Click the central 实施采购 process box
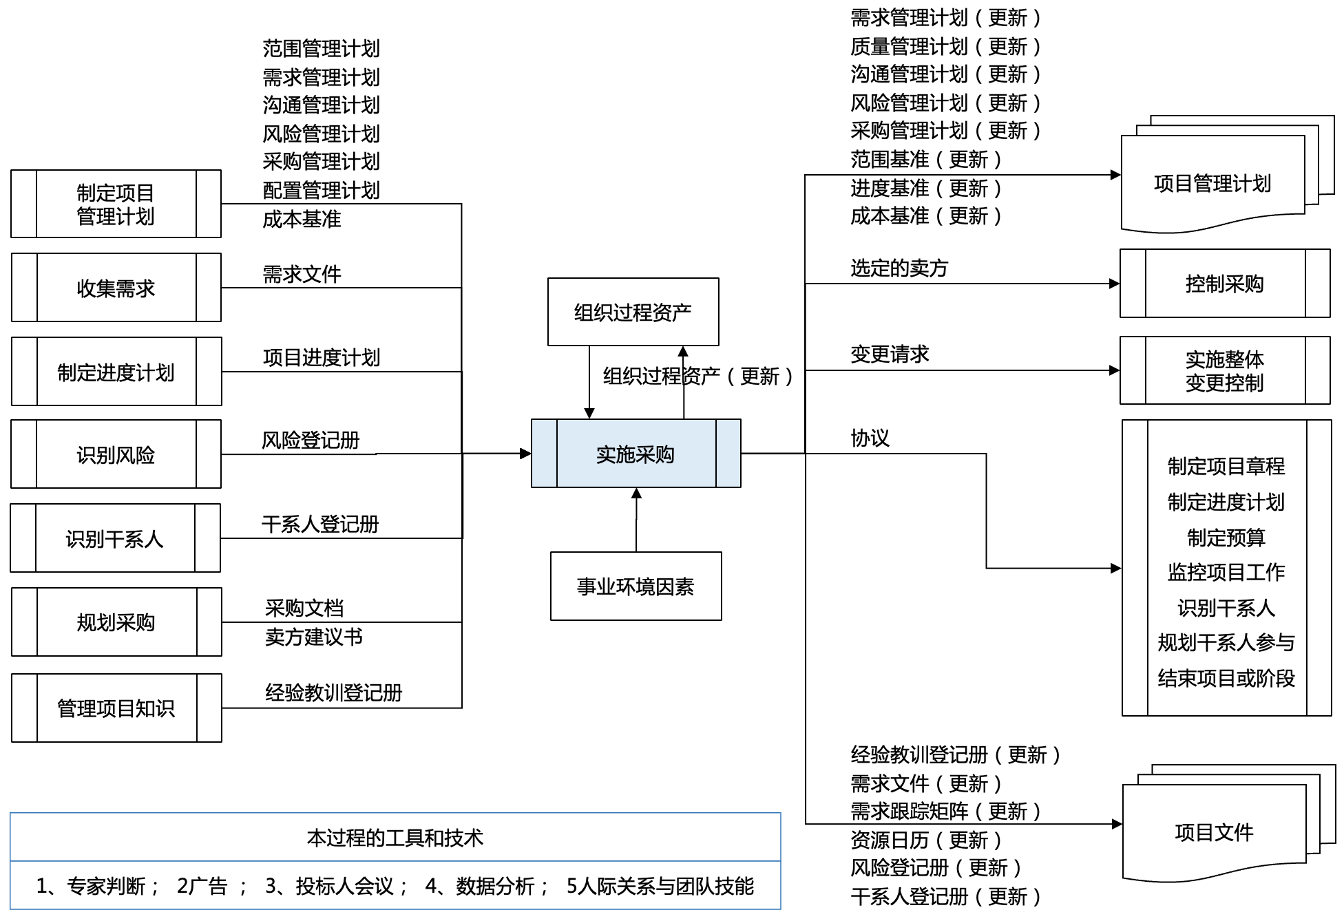click(636, 454)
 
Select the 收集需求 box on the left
click(116, 288)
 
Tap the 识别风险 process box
click(116, 454)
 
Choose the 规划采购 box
click(116, 622)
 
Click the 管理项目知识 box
click(116, 708)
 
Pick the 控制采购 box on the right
click(1224, 284)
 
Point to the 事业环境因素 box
click(636, 586)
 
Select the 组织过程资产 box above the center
click(633, 312)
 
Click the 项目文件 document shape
click(1213, 833)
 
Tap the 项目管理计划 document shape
click(1212, 184)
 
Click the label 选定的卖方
click(899, 268)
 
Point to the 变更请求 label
click(890, 354)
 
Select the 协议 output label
click(870, 438)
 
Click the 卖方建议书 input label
click(313, 637)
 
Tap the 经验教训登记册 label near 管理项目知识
click(333, 692)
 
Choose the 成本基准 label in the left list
click(302, 219)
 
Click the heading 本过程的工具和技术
click(395, 838)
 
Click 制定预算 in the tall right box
click(1226, 537)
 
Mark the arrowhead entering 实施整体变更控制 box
click(1115, 370)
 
